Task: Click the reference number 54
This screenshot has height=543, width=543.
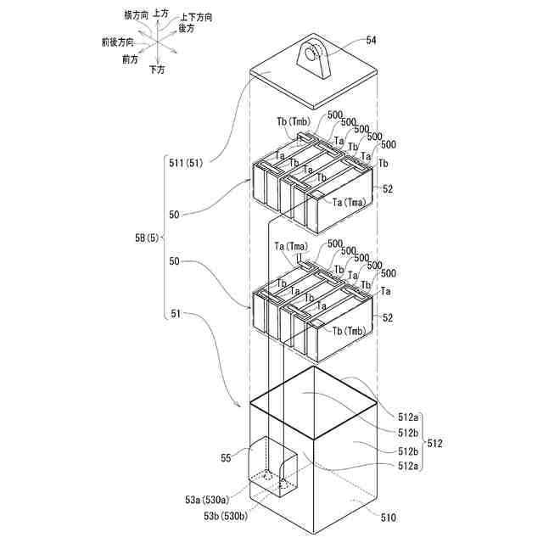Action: (372, 39)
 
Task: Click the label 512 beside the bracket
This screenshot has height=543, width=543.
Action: (434, 443)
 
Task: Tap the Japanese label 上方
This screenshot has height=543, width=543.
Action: (161, 15)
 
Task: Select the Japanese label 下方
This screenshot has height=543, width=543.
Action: (157, 69)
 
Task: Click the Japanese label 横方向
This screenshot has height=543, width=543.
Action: (136, 15)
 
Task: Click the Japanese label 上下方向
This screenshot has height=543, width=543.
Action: (197, 17)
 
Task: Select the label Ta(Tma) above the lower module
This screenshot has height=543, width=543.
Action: (291, 246)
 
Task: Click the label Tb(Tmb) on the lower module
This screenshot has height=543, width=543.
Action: (350, 330)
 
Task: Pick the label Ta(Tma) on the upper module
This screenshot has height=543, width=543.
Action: (350, 201)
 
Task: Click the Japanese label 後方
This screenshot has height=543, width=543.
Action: (187, 28)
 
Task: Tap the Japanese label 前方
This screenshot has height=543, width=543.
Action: (130, 59)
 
